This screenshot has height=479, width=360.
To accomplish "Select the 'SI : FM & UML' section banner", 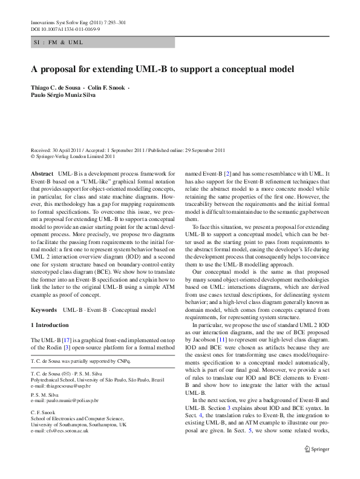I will [x=57, y=42].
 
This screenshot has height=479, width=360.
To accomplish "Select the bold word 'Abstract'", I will [x=42, y=174].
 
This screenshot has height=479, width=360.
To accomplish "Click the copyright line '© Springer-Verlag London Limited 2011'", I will [x=73, y=156].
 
